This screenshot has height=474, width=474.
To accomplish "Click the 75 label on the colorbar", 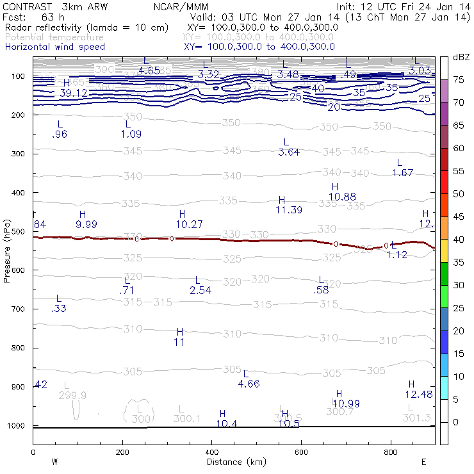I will tap(459, 79).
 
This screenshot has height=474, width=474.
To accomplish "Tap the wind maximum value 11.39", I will tap(289, 210).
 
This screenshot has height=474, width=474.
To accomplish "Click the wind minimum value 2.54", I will tap(200, 290).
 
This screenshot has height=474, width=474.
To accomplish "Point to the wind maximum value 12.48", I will tap(420, 393).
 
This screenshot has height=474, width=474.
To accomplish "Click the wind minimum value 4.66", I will tap(249, 384).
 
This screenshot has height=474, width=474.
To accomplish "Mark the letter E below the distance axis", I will tap(423, 462).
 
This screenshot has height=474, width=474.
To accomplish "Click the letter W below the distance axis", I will tap(55, 462).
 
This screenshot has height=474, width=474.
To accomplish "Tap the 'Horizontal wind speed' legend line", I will tap(54, 47).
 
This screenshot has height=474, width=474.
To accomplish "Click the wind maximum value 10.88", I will tap(342, 196).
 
